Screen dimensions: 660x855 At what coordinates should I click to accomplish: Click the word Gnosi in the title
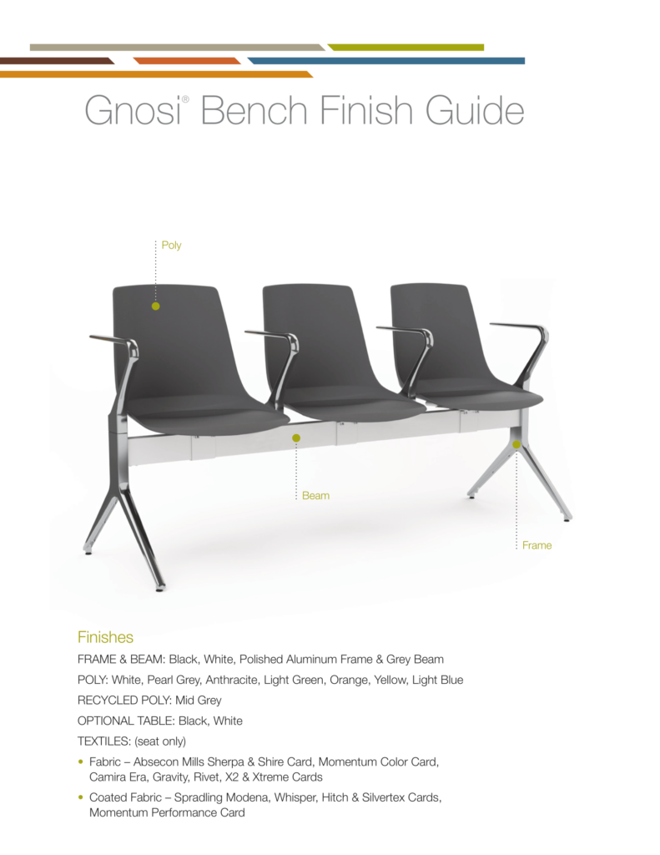pyautogui.click(x=133, y=110)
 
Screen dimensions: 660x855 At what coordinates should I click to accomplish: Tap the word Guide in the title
pyautogui.click(x=474, y=110)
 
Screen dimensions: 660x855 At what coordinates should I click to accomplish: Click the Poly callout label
pyautogui.click(x=171, y=245)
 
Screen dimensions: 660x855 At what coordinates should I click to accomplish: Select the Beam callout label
pyautogui.click(x=315, y=496)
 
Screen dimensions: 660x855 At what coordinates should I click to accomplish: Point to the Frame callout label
pyautogui.click(x=537, y=545)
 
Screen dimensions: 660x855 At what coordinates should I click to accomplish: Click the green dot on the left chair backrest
pyautogui.click(x=156, y=306)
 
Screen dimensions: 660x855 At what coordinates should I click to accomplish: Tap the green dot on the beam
pyautogui.click(x=296, y=438)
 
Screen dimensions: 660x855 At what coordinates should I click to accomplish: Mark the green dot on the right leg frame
pyautogui.click(x=516, y=445)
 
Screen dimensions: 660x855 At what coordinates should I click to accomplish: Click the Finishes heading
pyautogui.click(x=105, y=637)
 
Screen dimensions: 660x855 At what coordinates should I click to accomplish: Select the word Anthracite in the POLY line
pyautogui.click(x=232, y=680)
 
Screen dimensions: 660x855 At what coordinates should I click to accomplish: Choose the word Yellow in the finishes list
pyautogui.click(x=390, y=680)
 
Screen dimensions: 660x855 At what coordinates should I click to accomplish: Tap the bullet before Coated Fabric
pyautogui.click(x=81, y=797)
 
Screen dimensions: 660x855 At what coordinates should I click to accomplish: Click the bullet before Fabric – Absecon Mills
pyautogui.click(x=81, y=761)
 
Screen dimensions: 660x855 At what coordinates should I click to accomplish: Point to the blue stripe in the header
pyautogui.click(x=386, y=61)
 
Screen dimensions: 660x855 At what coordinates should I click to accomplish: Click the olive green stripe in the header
pyautogui.click(x=406, y=48)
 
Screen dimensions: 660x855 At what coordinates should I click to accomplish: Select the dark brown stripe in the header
pyautogui.click(x=58, y=61)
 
